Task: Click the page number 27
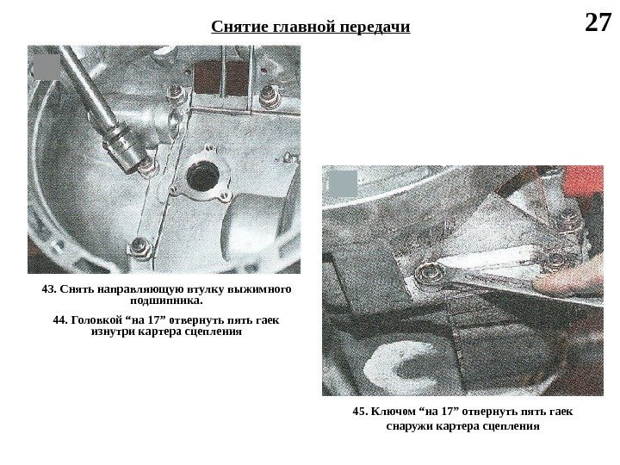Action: coord(598,23)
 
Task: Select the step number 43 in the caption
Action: coord(48,289)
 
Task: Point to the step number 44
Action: coord(60,319)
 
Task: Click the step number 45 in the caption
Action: coord(360,412)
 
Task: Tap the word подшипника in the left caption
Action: coord(164,301)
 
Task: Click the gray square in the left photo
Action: coord(46,67)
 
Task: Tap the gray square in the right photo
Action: coord(343,184)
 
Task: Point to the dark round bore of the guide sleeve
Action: coord(203,175)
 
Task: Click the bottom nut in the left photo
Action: coord(139,248)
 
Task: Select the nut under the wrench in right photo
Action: coord(429,273)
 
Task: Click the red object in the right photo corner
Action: coord(585,182)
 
